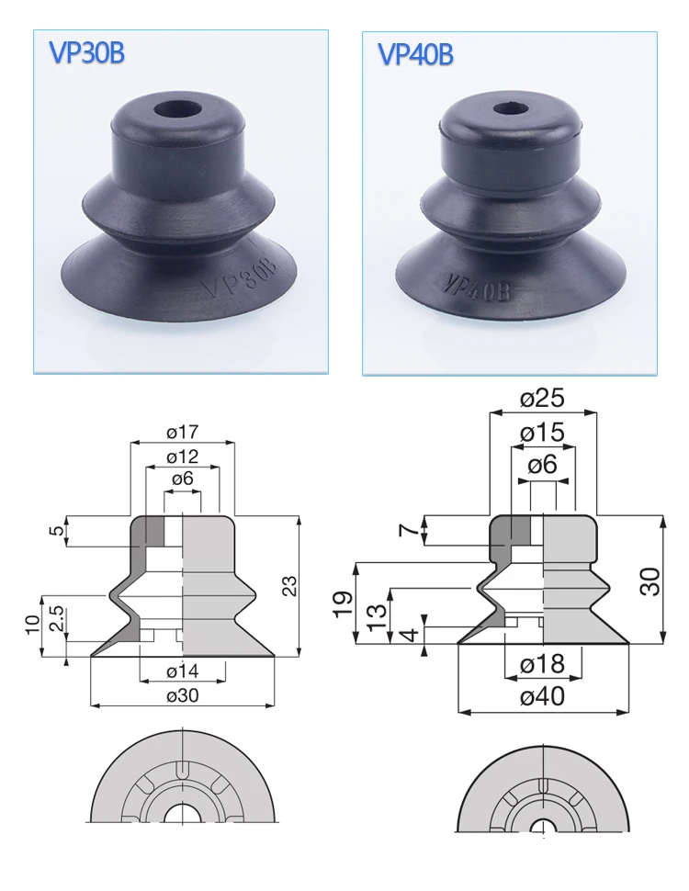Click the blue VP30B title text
pyautogui.click(x=86, y=53)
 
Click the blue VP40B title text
pyautogui.click(x=415, y=54)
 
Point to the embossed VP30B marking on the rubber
pyautogui.click(x=240, y=281)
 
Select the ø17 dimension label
pyautogui.click(x=183, y=433)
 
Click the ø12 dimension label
pyautogui.click(x=183, y=457)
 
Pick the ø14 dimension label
pyautogui.click(x=183, y=671)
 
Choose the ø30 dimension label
pyautogui.click(x=183, y=695)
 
